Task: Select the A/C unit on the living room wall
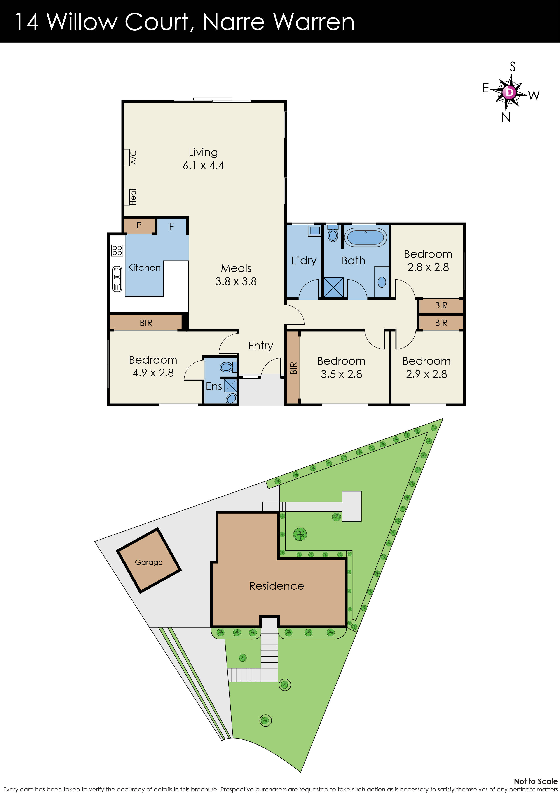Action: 127,158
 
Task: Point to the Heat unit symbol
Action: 127,197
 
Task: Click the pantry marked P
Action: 139,225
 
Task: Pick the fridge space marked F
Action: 171,227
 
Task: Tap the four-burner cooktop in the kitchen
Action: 117,250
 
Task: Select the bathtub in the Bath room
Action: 366,237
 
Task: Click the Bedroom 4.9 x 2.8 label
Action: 153,366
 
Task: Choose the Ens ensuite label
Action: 214,386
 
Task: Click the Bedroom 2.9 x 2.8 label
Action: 426,367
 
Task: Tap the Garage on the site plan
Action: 149,560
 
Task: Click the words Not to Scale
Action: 536,781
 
